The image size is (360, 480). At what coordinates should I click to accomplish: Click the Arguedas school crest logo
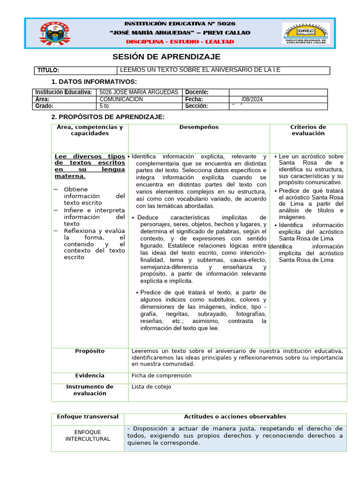[56, 33]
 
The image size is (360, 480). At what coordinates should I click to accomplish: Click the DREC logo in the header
[306, 33]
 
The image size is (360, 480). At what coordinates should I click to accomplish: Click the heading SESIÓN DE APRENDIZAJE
[166, 57]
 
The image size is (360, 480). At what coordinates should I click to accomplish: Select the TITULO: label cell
[48, 70]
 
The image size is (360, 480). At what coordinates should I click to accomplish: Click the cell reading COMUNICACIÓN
[121, 99]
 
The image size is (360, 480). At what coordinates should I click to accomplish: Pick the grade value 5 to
[104, 106]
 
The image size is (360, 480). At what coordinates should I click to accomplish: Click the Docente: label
[197, 92]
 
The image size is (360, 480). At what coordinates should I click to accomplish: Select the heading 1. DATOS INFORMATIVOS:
[94, 82]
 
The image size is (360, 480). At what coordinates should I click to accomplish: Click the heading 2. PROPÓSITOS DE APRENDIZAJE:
[108, 117]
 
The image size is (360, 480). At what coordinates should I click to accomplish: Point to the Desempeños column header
[199, 127]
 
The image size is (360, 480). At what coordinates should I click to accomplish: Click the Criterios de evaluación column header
[308, 130]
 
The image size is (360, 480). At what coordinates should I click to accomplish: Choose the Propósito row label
[90, 351]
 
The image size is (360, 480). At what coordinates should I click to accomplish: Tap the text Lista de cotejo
[151, 387]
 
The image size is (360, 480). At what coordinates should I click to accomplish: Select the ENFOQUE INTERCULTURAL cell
[88, 435]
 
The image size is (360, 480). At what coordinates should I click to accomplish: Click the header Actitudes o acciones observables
[235, 417]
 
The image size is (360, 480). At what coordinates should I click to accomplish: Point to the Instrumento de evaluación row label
[90, 390]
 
